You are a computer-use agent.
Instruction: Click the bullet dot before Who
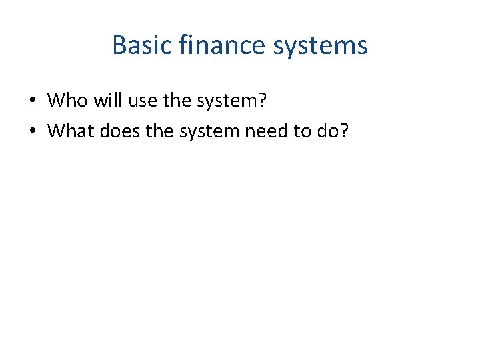32,101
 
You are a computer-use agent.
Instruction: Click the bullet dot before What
32,131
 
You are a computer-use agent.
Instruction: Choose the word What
71,131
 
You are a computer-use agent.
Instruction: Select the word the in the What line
159,131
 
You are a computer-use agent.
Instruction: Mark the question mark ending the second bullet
344,131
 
